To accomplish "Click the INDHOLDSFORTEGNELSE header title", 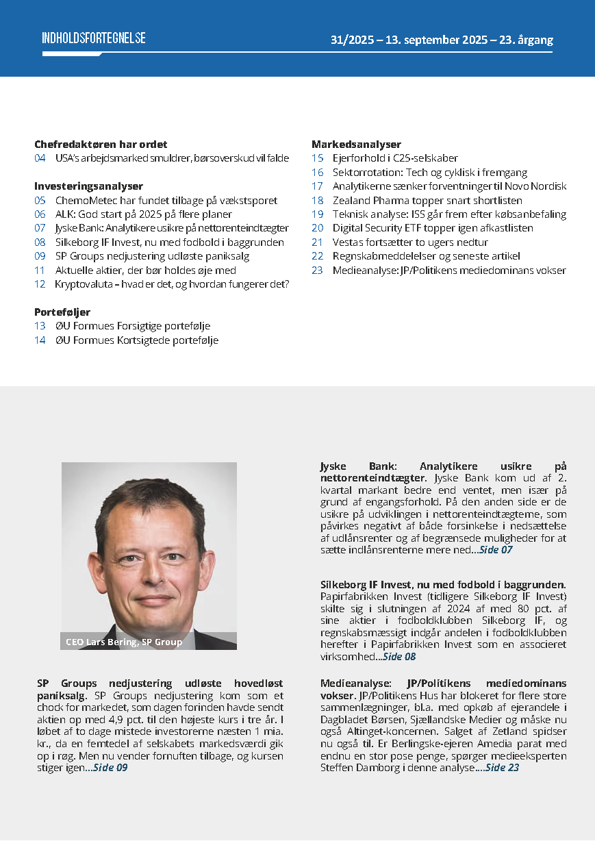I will tap(94, 38).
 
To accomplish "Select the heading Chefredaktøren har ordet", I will tap(101, 145).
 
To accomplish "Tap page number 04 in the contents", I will tap(40, 158).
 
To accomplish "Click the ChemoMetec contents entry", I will tap(166, 201).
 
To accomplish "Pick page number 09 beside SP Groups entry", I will tap(40, 256).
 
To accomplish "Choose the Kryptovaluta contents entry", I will tap(172, 284).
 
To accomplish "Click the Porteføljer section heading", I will tap(62, 312).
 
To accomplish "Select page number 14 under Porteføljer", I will tap(40, 340).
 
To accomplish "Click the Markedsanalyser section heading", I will tap(356, 145).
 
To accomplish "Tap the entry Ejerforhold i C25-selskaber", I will tap(395, 158).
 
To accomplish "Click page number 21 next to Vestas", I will tap(317, 242).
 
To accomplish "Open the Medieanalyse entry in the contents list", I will tap(449, 270).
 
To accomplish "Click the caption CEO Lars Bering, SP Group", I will tap(124, 642).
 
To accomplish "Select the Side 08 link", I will tap(399, 656).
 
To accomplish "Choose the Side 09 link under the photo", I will tap(110, 768).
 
